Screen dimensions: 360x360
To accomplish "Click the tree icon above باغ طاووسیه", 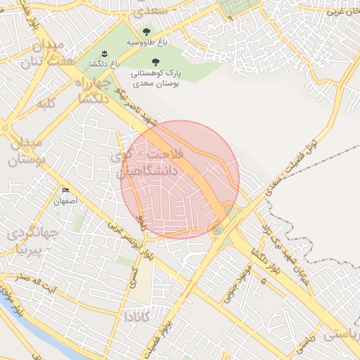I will pos(146,32).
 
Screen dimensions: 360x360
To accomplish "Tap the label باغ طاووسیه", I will pos(147,43).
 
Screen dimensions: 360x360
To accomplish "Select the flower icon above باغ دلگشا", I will pos(103,53).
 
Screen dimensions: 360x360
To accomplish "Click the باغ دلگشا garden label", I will pos(102,63).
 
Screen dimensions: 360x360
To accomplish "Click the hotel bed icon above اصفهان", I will pos(65,191).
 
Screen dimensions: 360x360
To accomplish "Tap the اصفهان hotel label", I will pos(65,201).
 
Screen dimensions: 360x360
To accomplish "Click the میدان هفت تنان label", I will pos(49,54).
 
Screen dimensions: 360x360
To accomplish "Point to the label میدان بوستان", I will pos(26,152).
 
